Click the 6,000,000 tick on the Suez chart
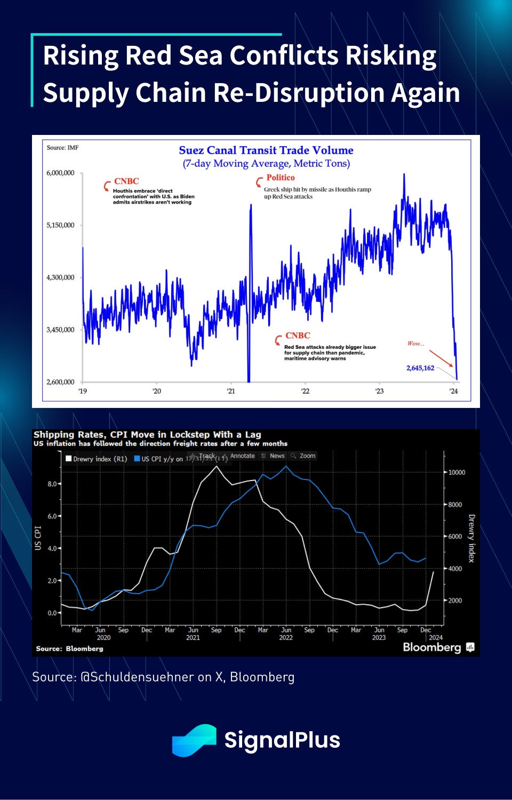point(60,173)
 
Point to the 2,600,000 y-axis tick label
point(60,382)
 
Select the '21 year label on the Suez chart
point(231,391)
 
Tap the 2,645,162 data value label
point(420,368)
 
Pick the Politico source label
point(281,178)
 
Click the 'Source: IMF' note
point(62,148)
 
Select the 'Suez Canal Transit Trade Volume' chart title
point(266,150)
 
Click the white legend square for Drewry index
point(68,458)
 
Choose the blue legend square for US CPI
point(137,458)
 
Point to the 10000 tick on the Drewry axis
point(457,473)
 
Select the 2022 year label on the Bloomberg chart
point(286,637)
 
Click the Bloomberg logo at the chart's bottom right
point(438,647)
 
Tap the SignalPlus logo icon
point(194,740)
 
